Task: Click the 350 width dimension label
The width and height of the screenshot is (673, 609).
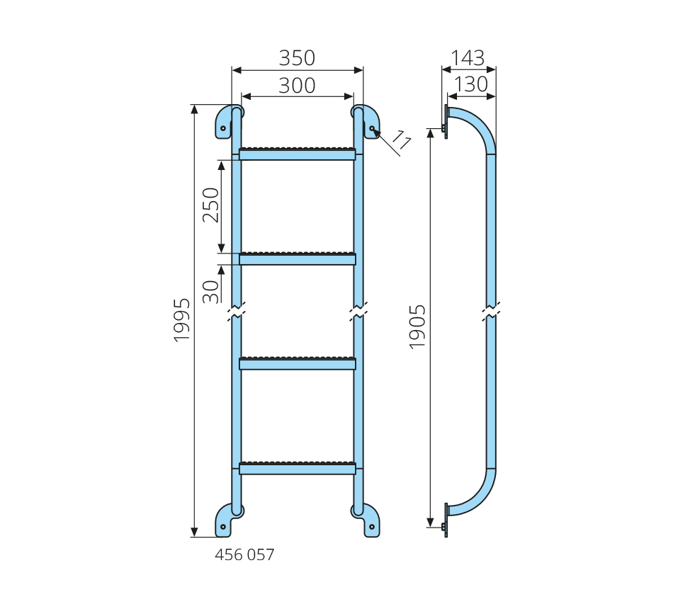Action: (297, 58)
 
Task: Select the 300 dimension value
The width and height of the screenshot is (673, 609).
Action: (297, 86)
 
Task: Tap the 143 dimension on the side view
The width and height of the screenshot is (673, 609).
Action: (468, 58)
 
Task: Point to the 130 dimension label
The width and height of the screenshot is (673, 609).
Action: (471, 84)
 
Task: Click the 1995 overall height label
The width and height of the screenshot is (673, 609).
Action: (181, 320)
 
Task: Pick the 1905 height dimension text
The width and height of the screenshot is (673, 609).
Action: (417, 327)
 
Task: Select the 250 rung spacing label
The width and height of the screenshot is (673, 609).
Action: (210, 205)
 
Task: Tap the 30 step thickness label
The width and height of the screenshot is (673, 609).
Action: (210, 292)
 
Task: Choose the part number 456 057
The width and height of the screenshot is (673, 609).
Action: (244, 555)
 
